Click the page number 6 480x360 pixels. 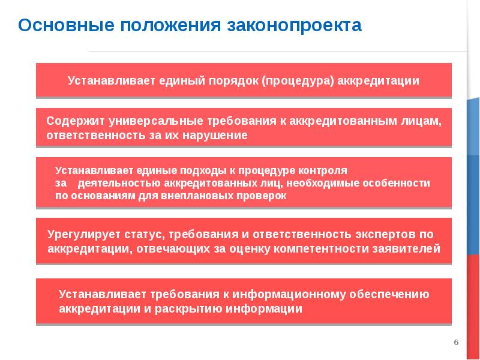pyautogui.click(x=456, y=342)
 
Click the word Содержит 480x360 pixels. pyautogui.click(x=71, y=121)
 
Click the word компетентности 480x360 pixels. pyautogui.click(x=317, y=248)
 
